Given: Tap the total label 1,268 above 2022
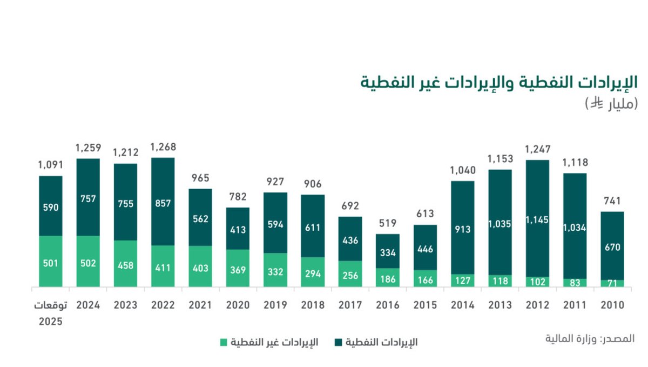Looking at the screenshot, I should pos(163,147).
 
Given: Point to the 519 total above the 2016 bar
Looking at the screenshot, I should pos(388,223).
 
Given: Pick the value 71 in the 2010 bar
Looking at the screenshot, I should pos(612,283).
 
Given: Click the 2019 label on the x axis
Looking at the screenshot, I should pos(275,305).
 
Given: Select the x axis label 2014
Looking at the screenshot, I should pos(463,305).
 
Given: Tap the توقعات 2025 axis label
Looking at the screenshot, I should pos(51,312).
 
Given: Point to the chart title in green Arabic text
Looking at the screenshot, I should pos(500,83).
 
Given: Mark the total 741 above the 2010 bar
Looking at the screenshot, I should pos(612,201).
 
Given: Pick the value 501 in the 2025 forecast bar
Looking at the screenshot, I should pos(51,264).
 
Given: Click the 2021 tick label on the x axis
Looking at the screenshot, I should pos(200,305).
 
